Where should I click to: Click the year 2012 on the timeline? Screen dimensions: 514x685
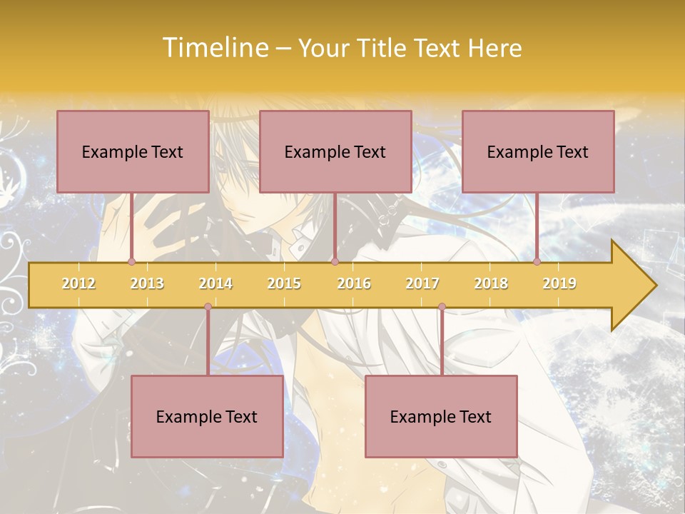[x=78, y=283]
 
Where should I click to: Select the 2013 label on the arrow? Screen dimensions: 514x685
[x=147, y=283]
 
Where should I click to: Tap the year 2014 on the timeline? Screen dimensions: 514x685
[x=215, y=283]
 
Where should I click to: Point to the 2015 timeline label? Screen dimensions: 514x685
[x=284, y=283]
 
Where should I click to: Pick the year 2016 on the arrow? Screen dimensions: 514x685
[x=354, y=283]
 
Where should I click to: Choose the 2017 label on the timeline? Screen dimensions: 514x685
[x=422, y=283]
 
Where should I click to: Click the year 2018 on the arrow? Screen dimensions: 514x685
[x=491, y=283]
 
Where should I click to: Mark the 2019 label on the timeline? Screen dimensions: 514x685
[x=559, y=283]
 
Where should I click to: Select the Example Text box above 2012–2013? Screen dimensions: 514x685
[x=133, y=152]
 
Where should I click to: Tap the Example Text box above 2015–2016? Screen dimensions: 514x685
[x=335, y=152]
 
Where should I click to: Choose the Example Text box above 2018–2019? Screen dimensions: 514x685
[x=538, y=152]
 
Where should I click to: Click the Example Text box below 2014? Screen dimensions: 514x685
[x=207, y=417]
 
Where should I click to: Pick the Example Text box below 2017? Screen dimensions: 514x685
[x=441, y=417]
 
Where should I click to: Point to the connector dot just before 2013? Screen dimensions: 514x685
[x=132, y=261]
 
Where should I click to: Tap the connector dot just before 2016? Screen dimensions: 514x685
[x=335, y=261]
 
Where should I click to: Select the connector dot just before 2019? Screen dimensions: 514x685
[x=537, y=261]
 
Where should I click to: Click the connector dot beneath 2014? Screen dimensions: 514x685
[x=208, y=307]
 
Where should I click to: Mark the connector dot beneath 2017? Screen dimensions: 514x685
[x=442, y=307]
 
